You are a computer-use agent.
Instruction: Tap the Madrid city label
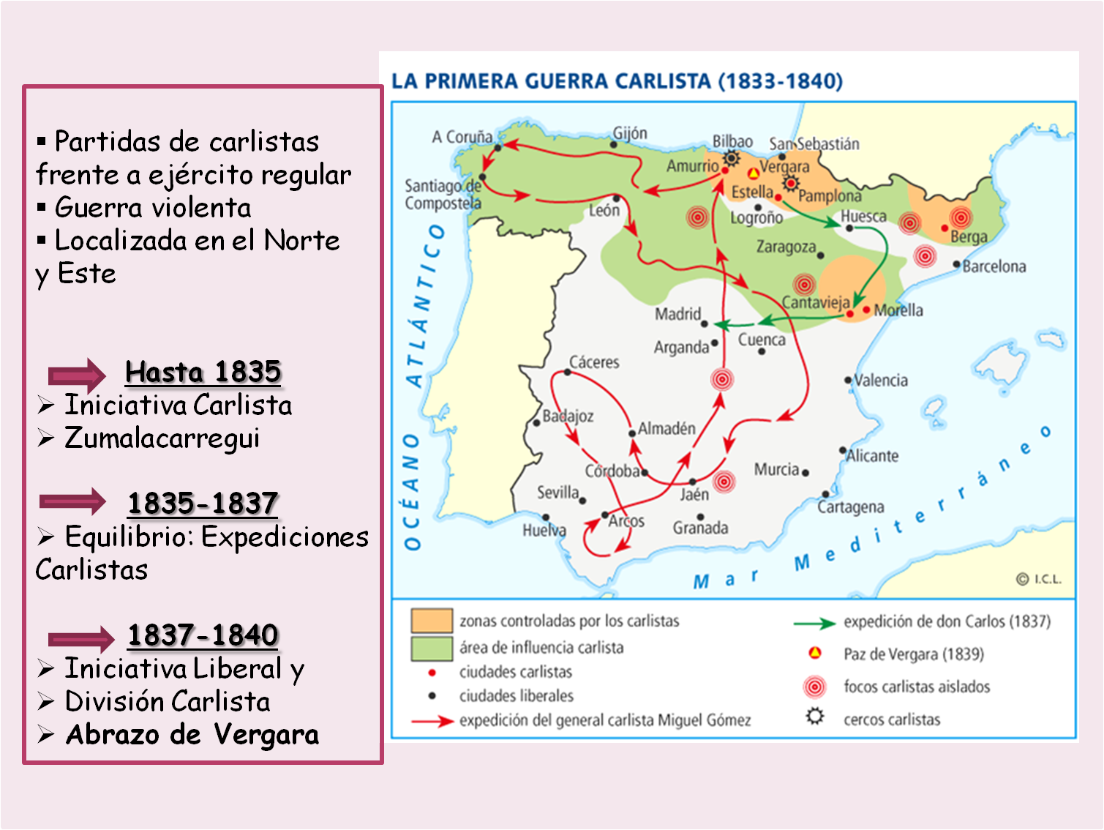tap(677, 314)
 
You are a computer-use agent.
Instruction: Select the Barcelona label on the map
tap(994, 266)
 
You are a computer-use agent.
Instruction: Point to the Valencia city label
tap(881, 381)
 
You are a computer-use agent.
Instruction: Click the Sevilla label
tap(557, 493)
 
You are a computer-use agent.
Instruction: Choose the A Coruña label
tap(462, 137)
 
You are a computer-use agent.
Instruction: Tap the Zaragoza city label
tap(786, 247)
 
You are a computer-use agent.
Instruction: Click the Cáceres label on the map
tap(594, 362)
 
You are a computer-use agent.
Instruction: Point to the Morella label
tap(898, 310)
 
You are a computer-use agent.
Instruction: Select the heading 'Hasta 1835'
tap(203, 372)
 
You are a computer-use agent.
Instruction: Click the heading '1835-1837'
tap(203, 504)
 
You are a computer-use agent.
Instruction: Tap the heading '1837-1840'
tap(203, 635)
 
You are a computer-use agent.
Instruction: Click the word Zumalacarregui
tap(162, 438)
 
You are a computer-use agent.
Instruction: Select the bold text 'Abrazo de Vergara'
tap(192, 734)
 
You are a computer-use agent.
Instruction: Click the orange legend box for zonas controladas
tap(432, 621)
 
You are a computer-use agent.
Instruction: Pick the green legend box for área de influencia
tap(432, 648)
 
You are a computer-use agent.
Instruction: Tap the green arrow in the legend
tap(814, 624)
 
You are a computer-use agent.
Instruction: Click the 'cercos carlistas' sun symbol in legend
tap(815, 716)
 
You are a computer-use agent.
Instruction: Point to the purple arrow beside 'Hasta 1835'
tap(77, 375)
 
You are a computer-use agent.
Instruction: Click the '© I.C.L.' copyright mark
tap(1038, 579)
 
